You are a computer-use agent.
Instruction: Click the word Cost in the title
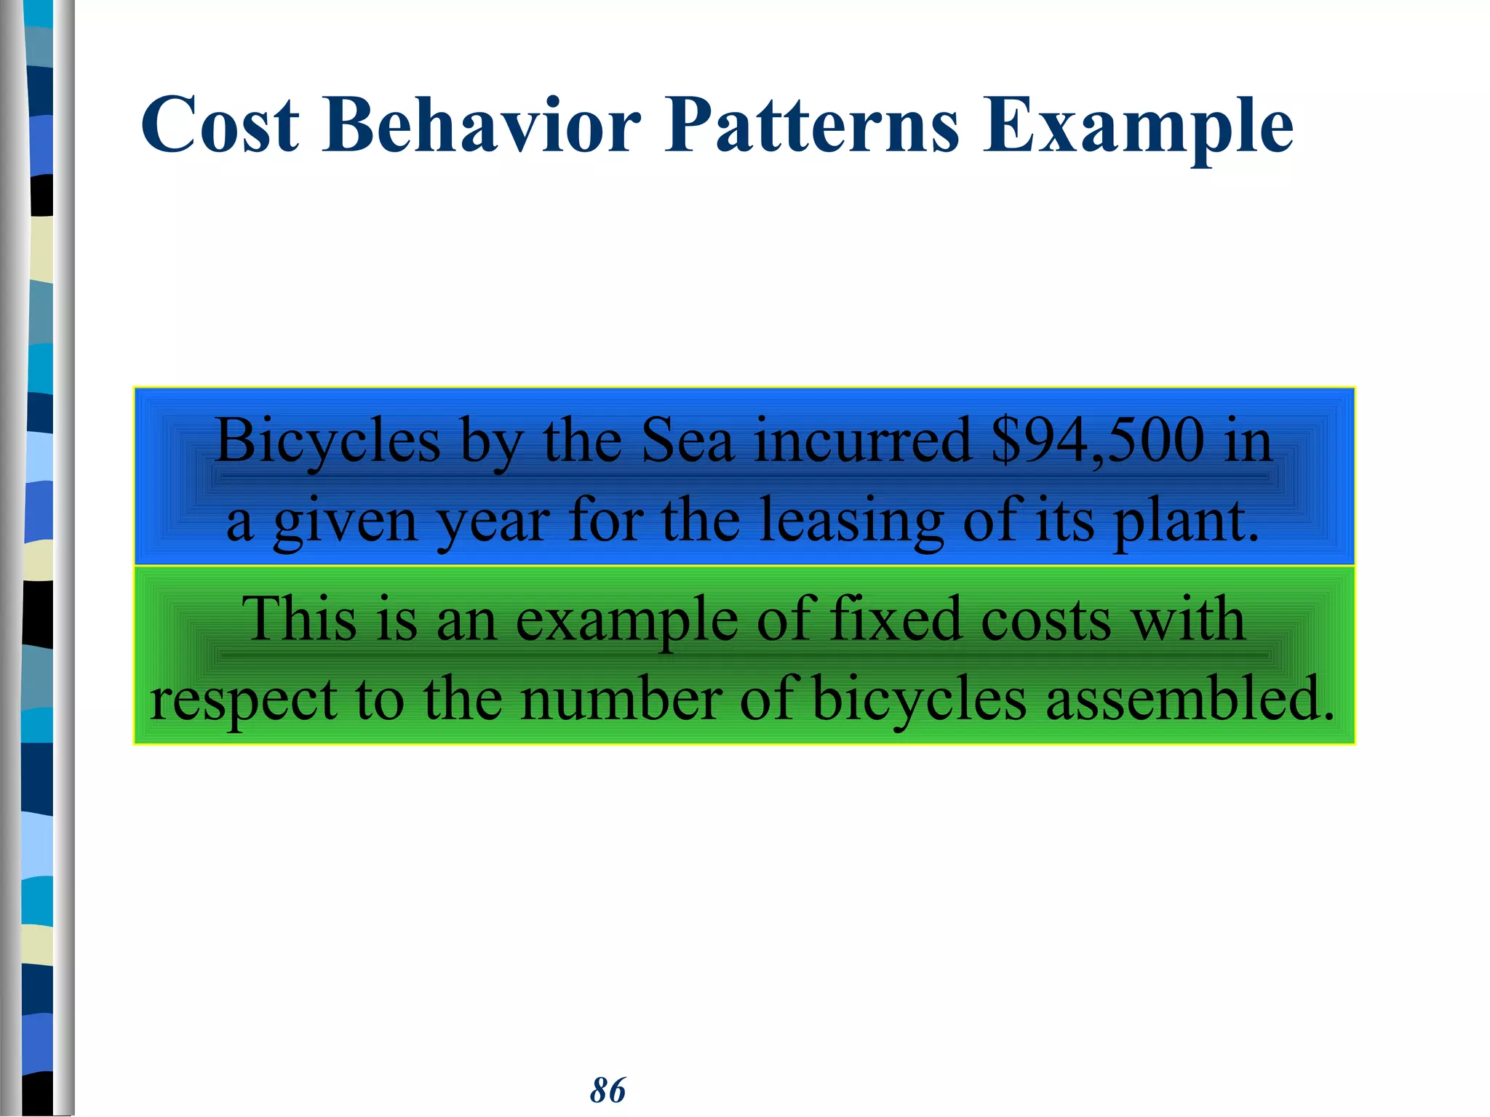pos(220,125)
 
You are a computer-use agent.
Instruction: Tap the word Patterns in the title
pos(812,125)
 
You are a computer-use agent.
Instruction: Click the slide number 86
pos(607,1090)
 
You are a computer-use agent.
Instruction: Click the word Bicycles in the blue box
pos(328,441)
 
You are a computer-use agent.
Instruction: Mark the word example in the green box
pos(626,620)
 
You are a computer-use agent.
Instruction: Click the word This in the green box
pos(299,619)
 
